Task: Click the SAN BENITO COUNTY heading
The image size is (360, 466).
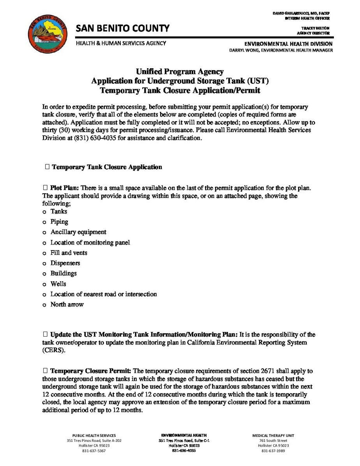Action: [x=123, y=28]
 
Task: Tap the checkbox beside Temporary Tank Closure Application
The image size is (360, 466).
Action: [x=47, y=167]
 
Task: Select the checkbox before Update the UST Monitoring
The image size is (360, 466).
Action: [x=45, y=334]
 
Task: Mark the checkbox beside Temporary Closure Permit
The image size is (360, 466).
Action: [x=45, y=371]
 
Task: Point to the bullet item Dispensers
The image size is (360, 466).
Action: [x=65, y=263]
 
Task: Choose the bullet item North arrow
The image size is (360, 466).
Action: [x=67, y=304]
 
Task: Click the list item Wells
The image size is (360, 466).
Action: [x=58, y=284]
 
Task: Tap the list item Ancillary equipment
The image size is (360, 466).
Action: [x=78, y=232]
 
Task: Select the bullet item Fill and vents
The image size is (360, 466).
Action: [x=69, y=253]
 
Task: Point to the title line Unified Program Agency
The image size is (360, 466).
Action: [x=180, y=71]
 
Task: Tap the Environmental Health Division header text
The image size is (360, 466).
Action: [x=288, y=44]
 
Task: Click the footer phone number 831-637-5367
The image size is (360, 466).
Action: [x=94, y=451]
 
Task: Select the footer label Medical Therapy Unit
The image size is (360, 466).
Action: [x=273, y=435]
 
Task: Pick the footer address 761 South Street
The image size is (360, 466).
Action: [x=273, y=441]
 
